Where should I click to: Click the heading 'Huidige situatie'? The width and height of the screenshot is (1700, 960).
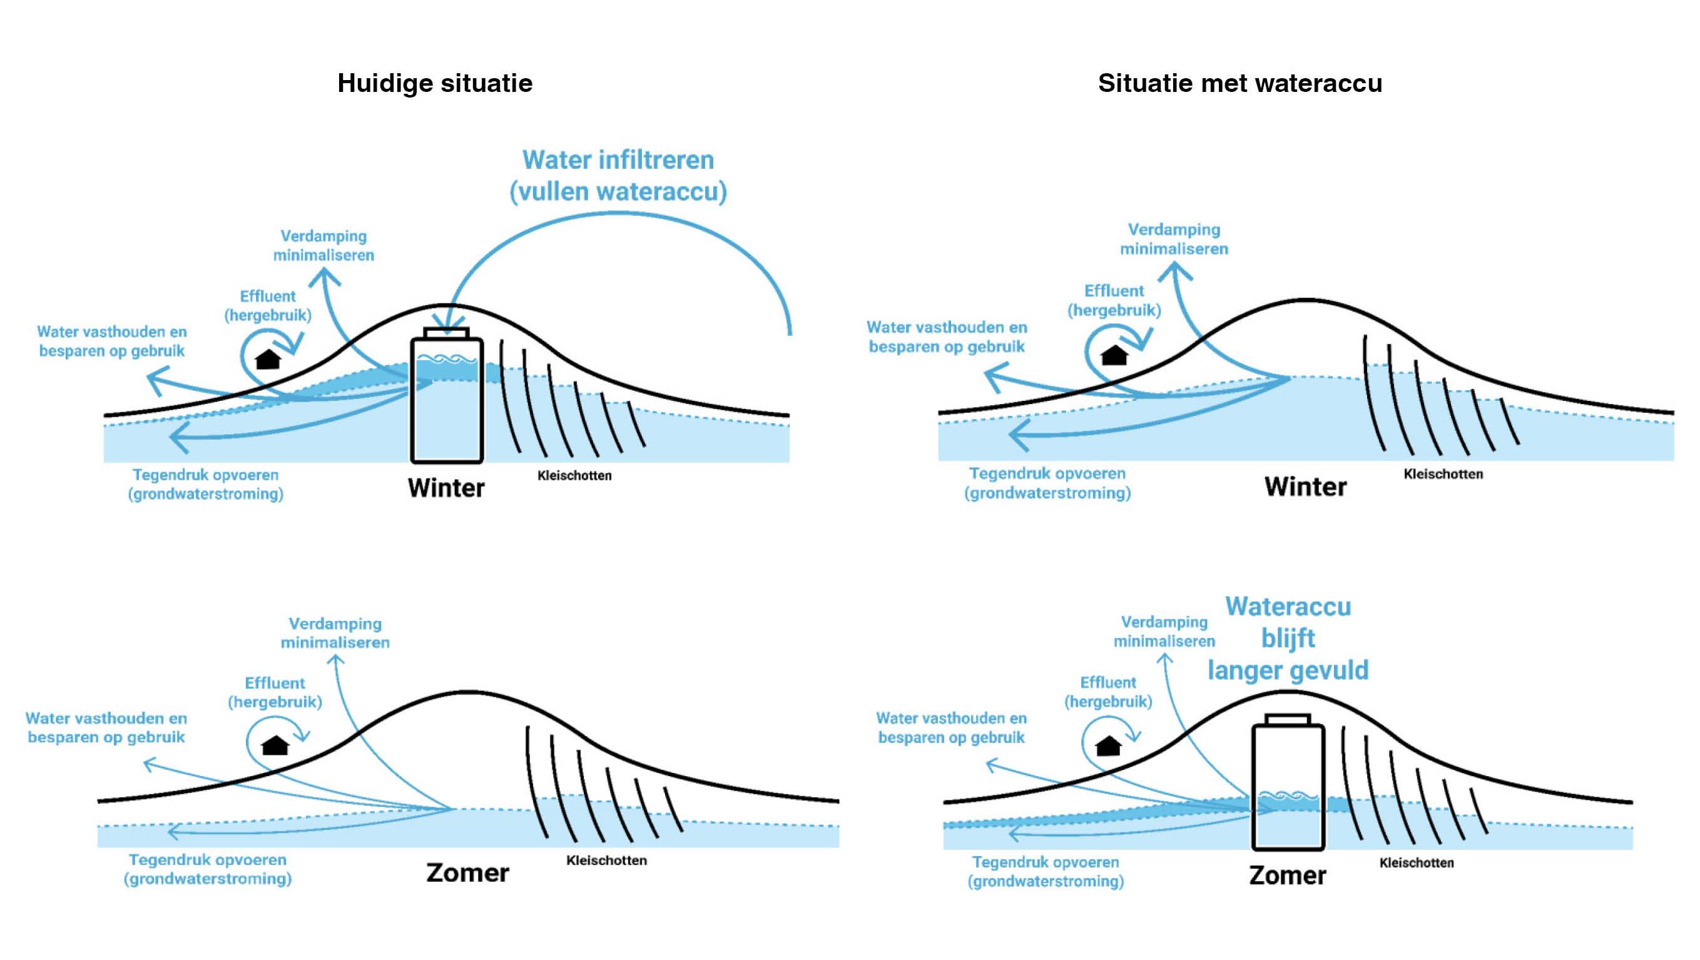tap(435, 83)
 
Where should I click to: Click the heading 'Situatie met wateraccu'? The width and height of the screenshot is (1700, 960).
tap(1239, 83)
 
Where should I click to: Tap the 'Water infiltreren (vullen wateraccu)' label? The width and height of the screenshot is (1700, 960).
tap(618, 176)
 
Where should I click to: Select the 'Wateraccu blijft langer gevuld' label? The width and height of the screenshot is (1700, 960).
tap(1288, 638)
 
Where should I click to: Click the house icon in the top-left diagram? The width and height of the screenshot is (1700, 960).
tap(268, 360)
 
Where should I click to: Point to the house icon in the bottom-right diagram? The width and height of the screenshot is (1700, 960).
tap(1108, 745)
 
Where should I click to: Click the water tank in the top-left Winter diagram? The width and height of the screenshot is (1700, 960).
tap(447, 403)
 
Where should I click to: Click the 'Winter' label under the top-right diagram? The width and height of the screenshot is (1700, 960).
tap(1305, 487)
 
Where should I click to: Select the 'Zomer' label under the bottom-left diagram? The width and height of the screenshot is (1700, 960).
tap(467, 873)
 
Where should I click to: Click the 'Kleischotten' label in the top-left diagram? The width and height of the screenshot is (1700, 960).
tap(574, 476)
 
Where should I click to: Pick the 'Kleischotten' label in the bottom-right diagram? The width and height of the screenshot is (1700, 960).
tap(1416, 862)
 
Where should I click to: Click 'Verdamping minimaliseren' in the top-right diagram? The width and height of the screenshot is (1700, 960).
tap(1174, 239)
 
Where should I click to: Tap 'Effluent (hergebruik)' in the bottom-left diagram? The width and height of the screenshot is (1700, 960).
tap(275, 692)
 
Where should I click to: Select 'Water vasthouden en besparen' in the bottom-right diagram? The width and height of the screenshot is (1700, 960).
tap(951, 727)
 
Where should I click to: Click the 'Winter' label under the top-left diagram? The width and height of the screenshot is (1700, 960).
tap(446, 488)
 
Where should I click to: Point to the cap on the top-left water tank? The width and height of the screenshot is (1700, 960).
tap(447, 333)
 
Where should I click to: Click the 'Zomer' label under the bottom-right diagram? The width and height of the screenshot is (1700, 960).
tap(1287, 876)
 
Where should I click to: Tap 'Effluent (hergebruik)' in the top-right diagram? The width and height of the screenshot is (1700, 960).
tap(1114, 300)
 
